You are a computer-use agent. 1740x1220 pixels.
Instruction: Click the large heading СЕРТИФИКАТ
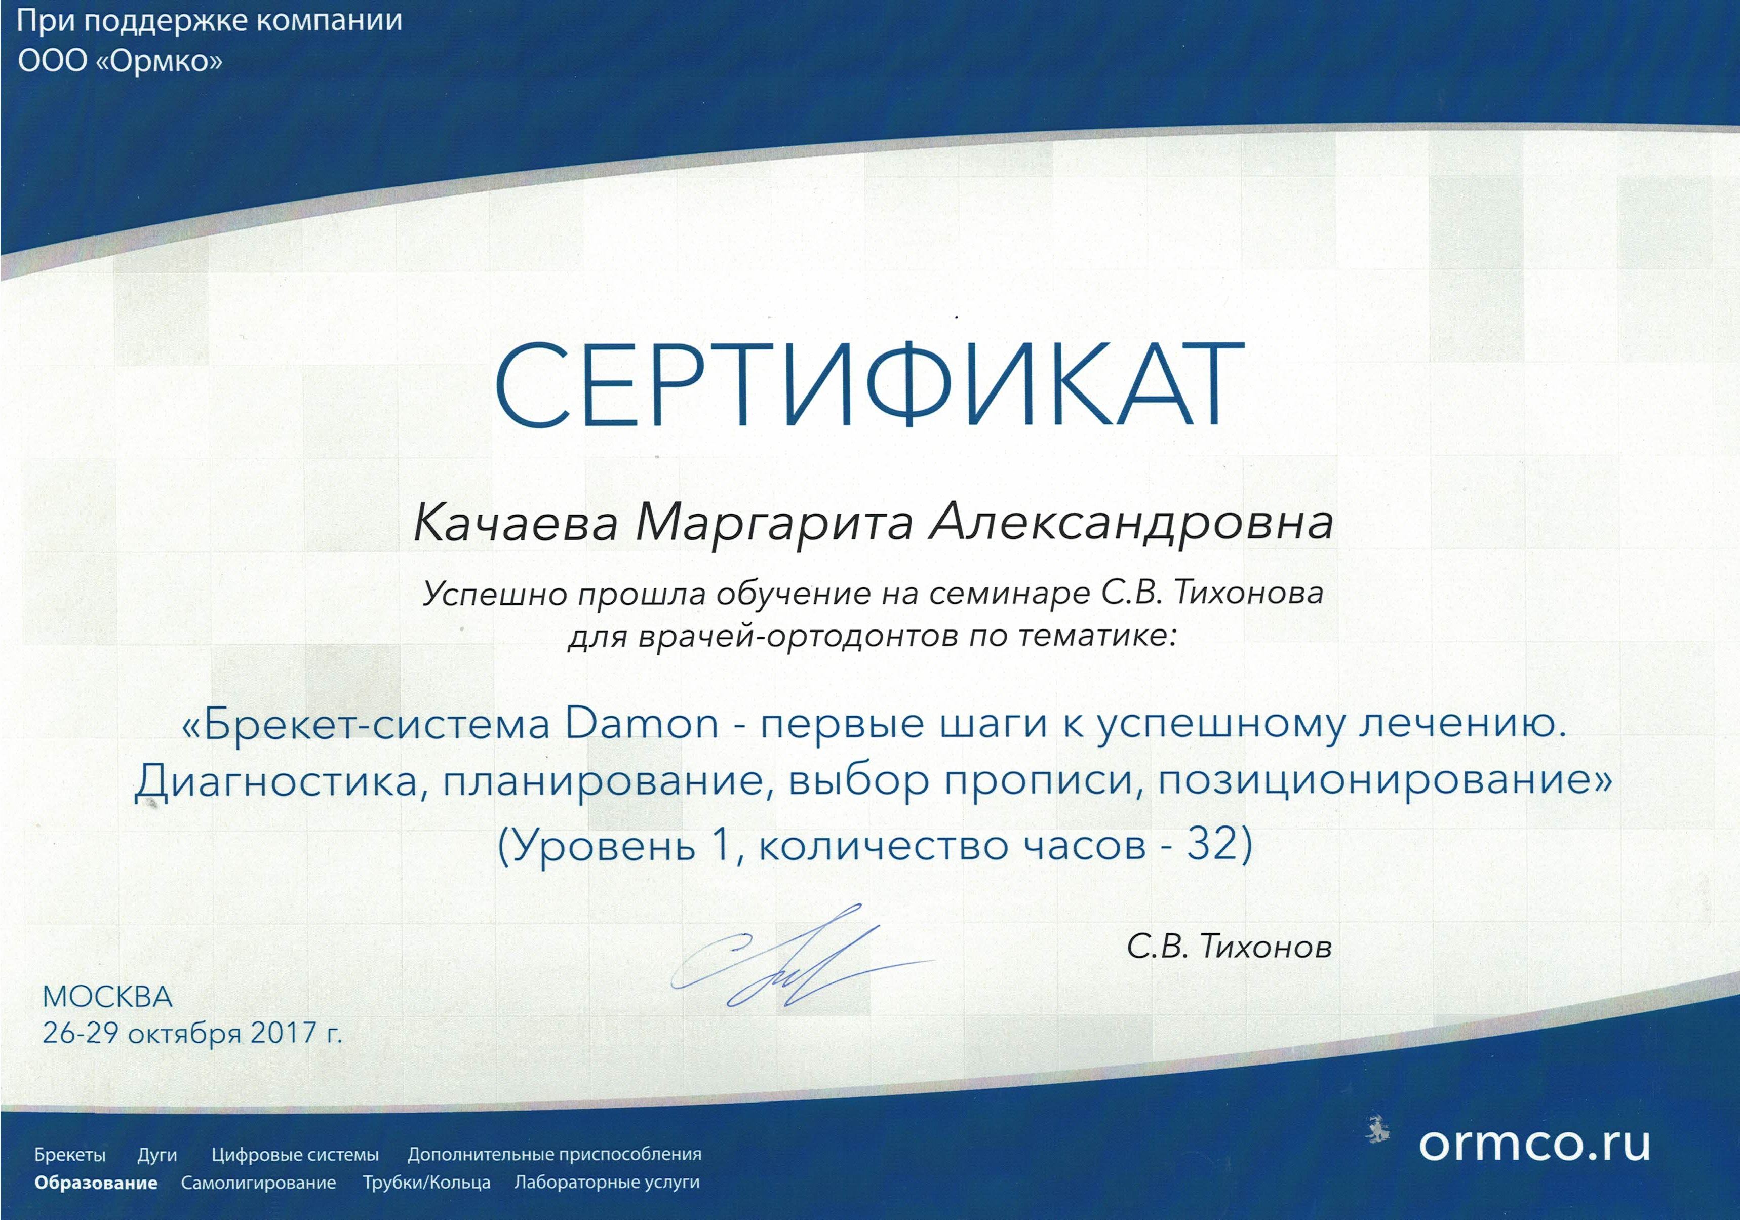click(869, 385)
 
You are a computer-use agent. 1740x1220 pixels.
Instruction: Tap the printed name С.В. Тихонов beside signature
click(1229, 947)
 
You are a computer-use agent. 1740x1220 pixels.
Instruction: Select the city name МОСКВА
click(108, 997)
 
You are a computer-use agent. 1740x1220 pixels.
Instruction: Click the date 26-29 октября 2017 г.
click(192, 1033)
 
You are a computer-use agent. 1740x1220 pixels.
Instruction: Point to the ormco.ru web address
click(1534, 1144)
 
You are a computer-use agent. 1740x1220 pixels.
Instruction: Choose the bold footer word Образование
click(96, 1183)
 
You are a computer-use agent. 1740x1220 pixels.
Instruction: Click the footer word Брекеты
click(70, 1155)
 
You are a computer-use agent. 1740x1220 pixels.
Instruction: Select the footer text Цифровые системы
click(295, 1155)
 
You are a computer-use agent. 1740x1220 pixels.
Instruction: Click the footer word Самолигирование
click(258, 1183)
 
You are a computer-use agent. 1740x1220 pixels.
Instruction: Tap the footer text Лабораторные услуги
click(607, 1183)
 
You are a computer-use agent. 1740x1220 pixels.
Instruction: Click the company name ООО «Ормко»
click(120, 61)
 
